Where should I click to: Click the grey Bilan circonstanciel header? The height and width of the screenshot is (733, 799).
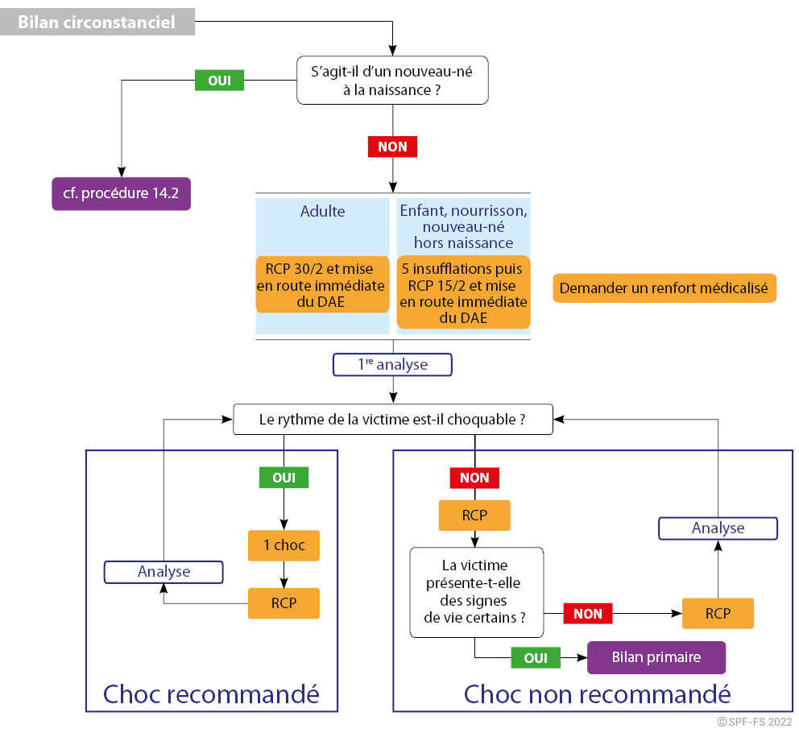[97, 22]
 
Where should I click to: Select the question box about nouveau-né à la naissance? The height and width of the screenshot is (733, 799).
[392, 81]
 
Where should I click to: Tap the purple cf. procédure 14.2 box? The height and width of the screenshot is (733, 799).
[122, 193]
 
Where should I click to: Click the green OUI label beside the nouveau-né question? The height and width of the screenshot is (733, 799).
[220, 81]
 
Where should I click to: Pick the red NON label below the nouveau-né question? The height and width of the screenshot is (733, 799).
[393, 147]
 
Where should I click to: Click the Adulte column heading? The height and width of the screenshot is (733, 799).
[322, 211]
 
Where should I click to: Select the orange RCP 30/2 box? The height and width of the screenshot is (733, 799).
[322, 285]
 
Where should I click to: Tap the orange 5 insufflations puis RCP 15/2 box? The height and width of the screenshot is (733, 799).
[464, 292]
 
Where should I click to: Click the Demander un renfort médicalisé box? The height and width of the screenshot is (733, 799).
[664, 288]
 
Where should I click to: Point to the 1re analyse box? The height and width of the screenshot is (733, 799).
[392, 365]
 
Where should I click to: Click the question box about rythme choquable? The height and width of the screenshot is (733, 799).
[393, 420]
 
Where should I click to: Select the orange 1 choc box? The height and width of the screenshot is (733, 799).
[284, 545]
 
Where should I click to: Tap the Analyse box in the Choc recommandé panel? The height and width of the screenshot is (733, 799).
[164, 572]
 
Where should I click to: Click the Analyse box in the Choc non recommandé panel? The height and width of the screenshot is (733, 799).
[718, 528]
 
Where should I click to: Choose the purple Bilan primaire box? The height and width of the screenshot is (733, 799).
[656, 657]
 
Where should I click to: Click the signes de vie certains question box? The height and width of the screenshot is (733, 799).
[477, 592]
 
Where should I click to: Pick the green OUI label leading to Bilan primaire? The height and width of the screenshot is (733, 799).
[536, 658]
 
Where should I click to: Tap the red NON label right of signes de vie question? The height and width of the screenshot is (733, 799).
[588, 614]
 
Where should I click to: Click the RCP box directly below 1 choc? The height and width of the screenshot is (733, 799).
[284, 603]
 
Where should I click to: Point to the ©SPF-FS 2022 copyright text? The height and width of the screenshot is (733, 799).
[755, 722]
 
